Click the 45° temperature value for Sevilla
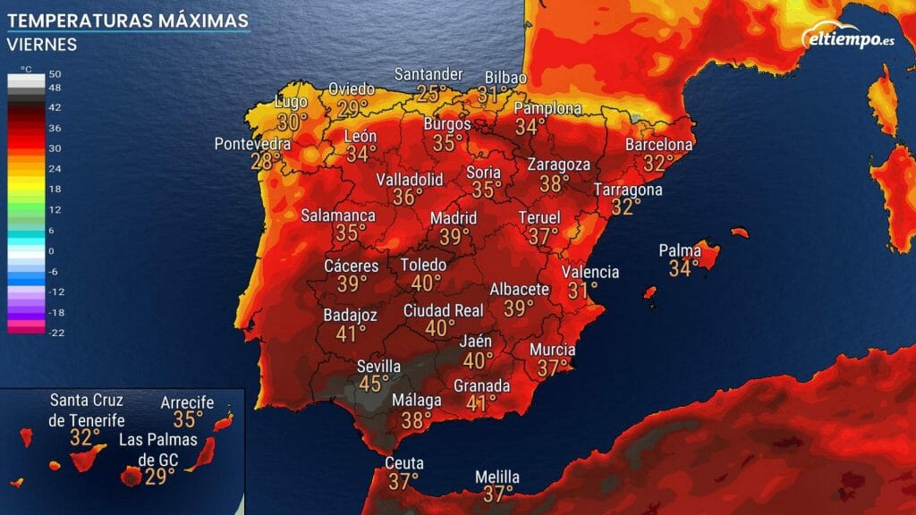374,384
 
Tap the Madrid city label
454,218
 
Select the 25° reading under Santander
431,92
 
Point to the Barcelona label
659,145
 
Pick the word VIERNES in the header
42,45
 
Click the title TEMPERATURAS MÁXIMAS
127,20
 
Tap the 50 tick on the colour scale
55,73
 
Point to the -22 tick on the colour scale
55,332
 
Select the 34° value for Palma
683,267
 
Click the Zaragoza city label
559,165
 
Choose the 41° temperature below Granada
481,402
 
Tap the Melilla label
497,477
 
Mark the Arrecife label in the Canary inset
187,403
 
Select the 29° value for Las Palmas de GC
160,476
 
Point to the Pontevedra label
252,144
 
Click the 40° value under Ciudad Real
440,328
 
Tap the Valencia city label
590,272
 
